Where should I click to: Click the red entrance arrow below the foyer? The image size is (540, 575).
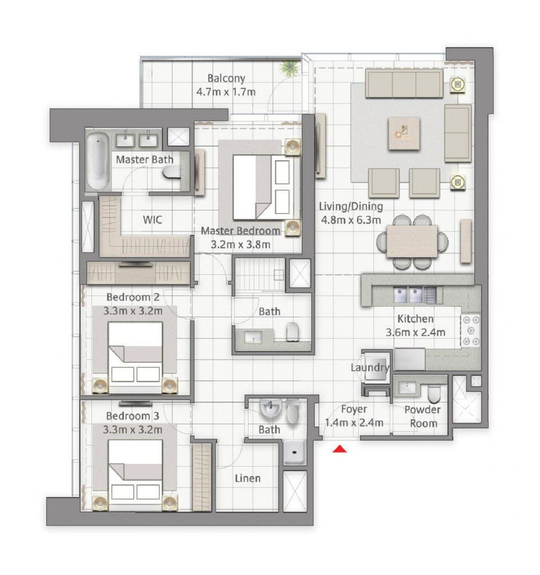click(339, 448)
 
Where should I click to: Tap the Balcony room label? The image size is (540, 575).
click(226, 78)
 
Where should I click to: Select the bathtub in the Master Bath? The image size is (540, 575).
click(98, 161)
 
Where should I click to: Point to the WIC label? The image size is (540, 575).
click(152, 220)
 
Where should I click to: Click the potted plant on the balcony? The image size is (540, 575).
click(290, 68)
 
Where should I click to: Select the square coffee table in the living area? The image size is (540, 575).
click(404, 133)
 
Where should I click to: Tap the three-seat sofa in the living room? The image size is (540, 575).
click(404, 84)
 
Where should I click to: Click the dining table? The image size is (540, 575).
click(412, 241)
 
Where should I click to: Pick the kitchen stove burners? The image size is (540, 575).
click(471, 330)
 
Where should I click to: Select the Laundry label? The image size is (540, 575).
click(369, 367)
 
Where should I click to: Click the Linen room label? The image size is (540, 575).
click(247, 478)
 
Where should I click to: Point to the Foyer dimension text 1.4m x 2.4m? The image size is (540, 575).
click(354, 422)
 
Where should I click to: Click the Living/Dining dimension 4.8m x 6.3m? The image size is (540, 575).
click(351, 220)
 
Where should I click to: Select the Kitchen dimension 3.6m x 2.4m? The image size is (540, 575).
click(415, 332)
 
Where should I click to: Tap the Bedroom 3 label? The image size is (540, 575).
click(132, 416)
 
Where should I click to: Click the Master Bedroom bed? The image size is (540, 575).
click(263, 187)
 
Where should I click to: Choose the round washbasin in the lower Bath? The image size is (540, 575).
click(271, 409)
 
